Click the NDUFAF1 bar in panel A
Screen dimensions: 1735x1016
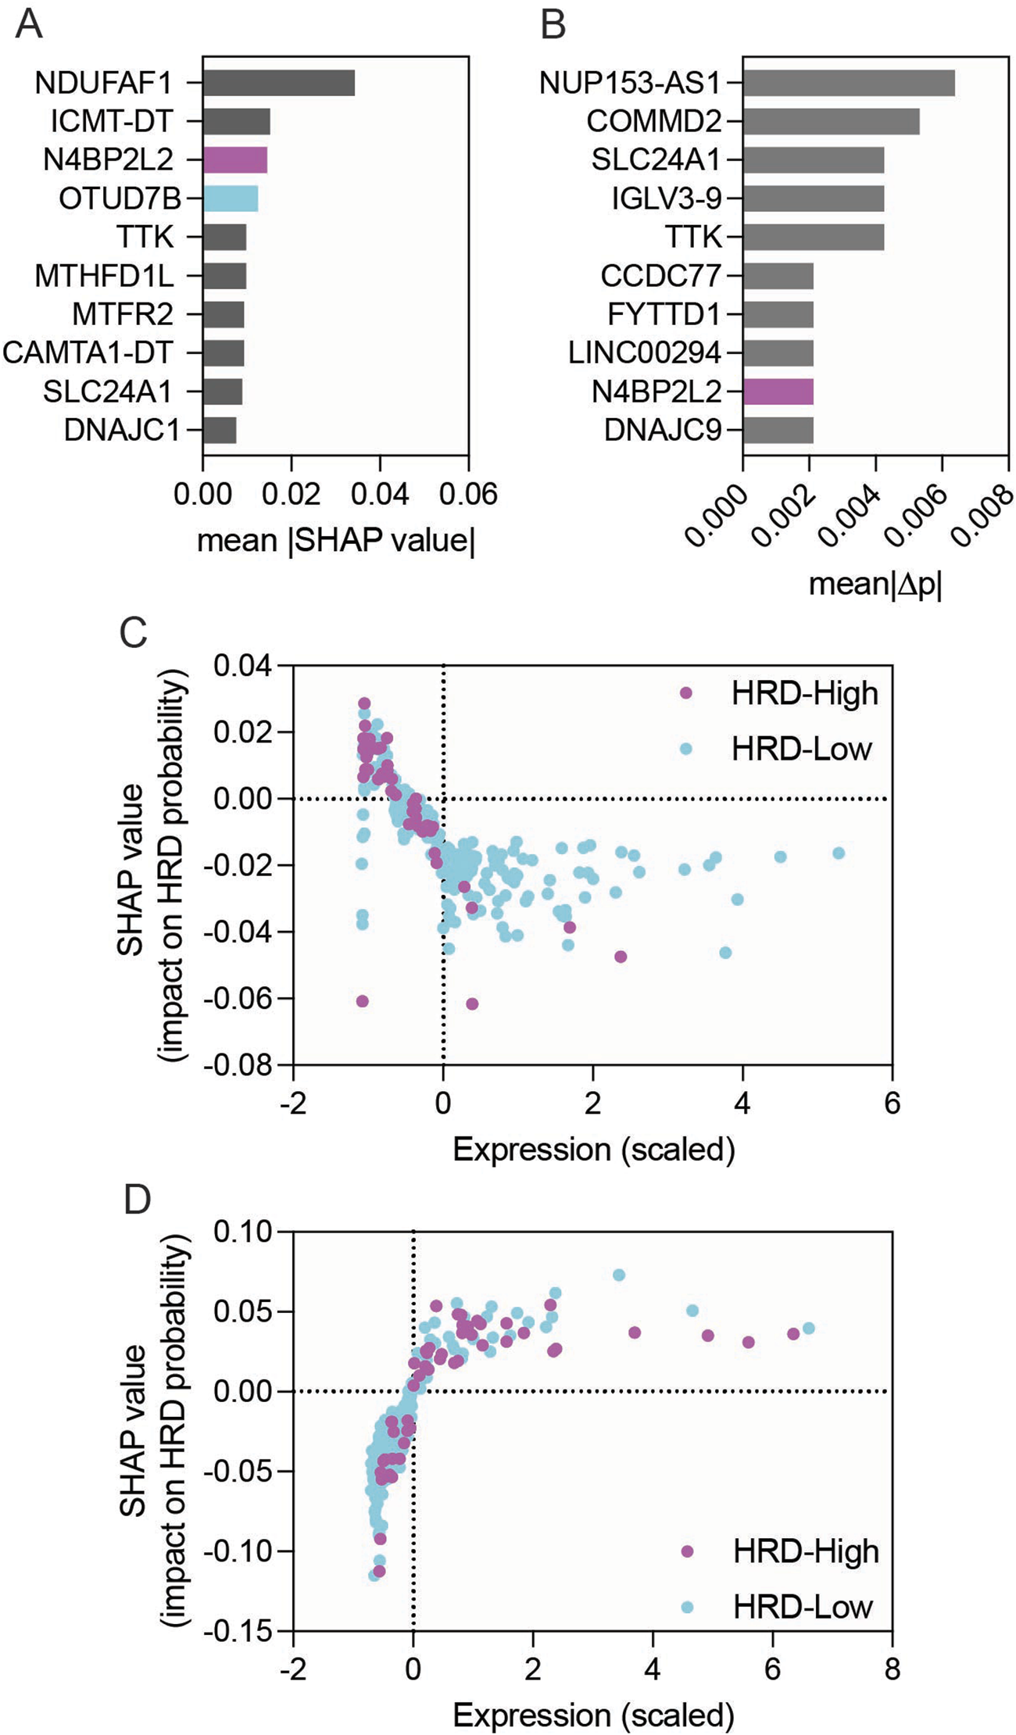coord(278,83)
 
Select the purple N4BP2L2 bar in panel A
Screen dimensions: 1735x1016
coord(235,160)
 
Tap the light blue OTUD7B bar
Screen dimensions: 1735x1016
coord(231,199)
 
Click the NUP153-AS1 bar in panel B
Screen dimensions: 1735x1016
coord(849,83)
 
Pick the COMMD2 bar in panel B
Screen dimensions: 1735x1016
coord(831,122)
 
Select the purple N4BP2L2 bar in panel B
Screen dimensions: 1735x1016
coord(778,392)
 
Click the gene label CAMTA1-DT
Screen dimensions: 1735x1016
coord(88,353)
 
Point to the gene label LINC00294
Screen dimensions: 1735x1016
coord(645,353)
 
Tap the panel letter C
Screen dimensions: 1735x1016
coord(134,631)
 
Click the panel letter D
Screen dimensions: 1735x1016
coord(137,1200)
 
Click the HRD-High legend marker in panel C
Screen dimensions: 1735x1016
coord(686,693)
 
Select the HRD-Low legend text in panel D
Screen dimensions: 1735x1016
coord(803,1607)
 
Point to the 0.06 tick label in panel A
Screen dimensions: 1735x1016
coord(467,495)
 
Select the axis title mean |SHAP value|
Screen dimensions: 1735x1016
coord(335,541)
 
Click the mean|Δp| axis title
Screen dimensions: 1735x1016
coord(875,584)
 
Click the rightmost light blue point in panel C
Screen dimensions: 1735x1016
coord(839,853)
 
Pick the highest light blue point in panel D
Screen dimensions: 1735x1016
coord(619,1275)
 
